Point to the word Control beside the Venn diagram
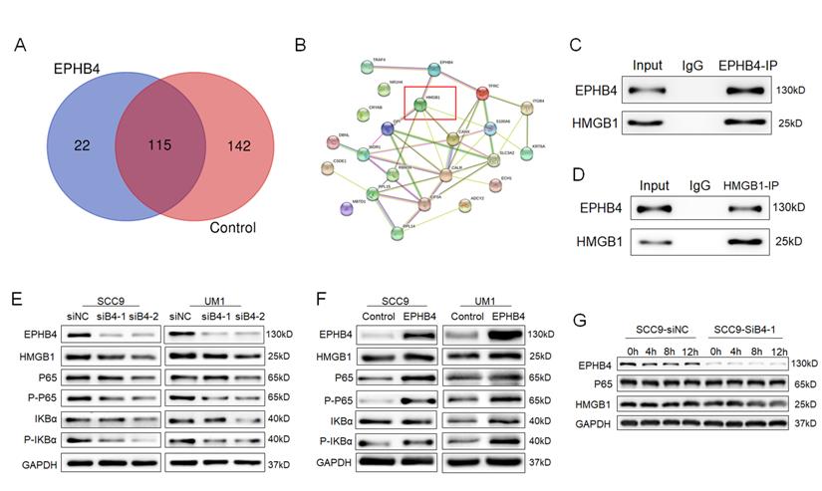point(232,228)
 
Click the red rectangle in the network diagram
point(429,108)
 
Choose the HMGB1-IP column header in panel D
point(728,185)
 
